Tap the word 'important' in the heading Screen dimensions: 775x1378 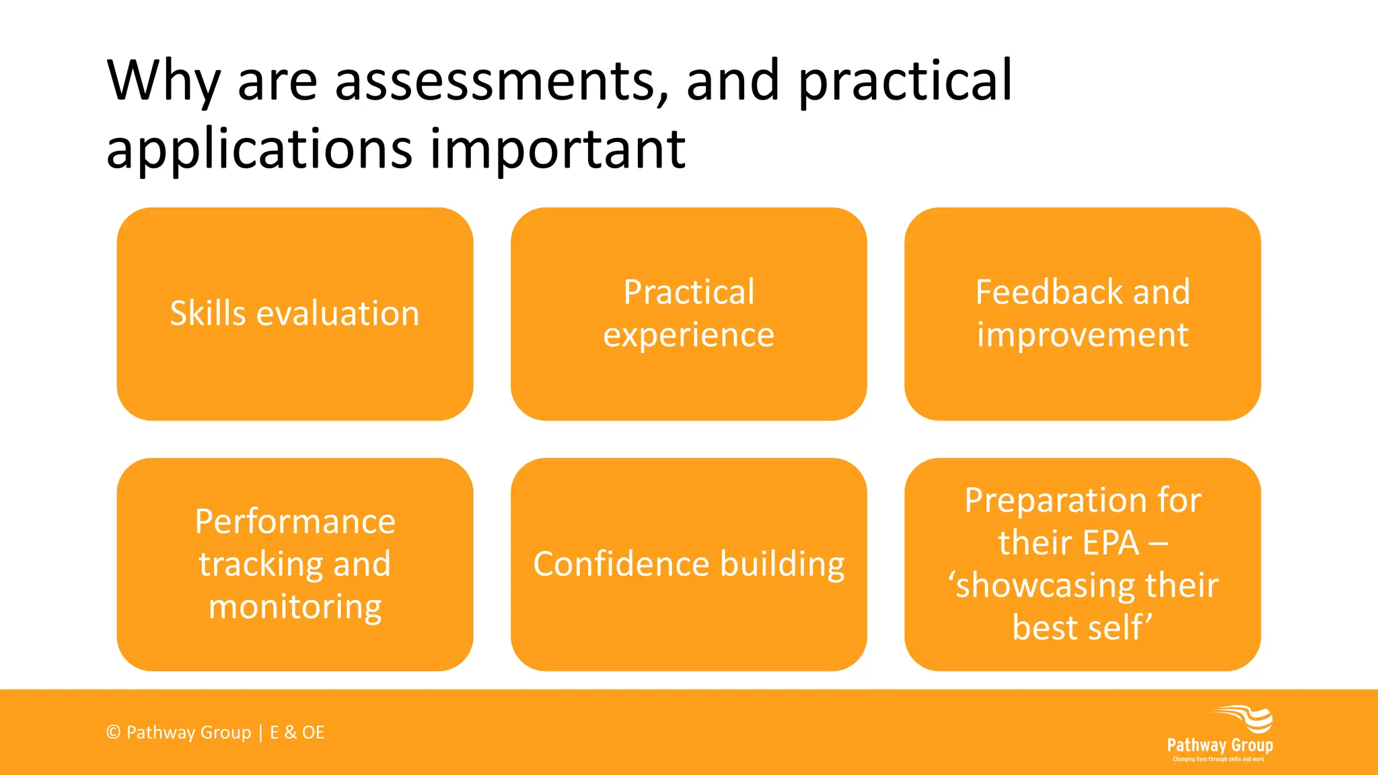click(x=558, y=149)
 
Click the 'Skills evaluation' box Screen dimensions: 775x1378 click(x=295, y=313)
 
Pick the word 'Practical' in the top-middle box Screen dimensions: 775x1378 click(x=689, y=292)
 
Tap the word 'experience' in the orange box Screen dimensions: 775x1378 click(x=689, y=335)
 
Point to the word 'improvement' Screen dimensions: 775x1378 click(x=1083, y=335)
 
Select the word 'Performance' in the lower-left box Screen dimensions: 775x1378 click(x=295, y=521)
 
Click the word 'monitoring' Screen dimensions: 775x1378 click(x=295, y=607)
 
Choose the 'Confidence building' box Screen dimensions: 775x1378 click(x=689, y=564)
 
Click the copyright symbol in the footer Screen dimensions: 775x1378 click(x=113, y=732)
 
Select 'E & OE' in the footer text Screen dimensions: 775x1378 click(x=297, y=732)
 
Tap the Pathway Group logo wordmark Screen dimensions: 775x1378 click(x=1219, y=745)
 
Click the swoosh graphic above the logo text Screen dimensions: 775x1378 click(x=1245, y=718)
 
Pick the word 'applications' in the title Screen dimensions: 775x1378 click(x=259, y=149)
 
